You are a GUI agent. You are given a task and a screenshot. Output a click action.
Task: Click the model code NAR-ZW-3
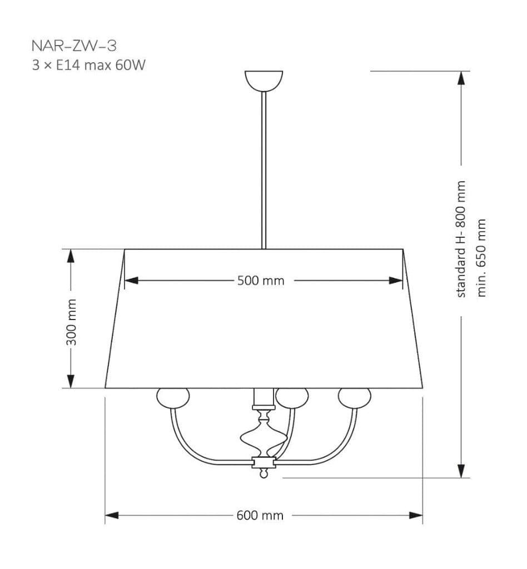coord(74,46)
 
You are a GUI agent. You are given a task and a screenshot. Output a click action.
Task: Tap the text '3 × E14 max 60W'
coord(88,66)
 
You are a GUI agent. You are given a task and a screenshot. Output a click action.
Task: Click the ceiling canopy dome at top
coord(264,81)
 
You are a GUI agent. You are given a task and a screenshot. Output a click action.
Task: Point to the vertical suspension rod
coord(264,170)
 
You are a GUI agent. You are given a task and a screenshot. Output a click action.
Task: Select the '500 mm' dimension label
coord(261,281)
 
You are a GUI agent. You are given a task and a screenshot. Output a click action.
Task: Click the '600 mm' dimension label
coord(260,515)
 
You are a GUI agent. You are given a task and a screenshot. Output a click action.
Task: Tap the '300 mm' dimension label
coord(72,322)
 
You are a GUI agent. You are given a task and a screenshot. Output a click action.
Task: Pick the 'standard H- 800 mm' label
coord(460,239)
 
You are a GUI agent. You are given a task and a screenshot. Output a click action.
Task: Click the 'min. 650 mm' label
coord(481,258)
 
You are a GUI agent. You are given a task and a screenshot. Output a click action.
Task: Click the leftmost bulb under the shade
coord(173,398)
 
